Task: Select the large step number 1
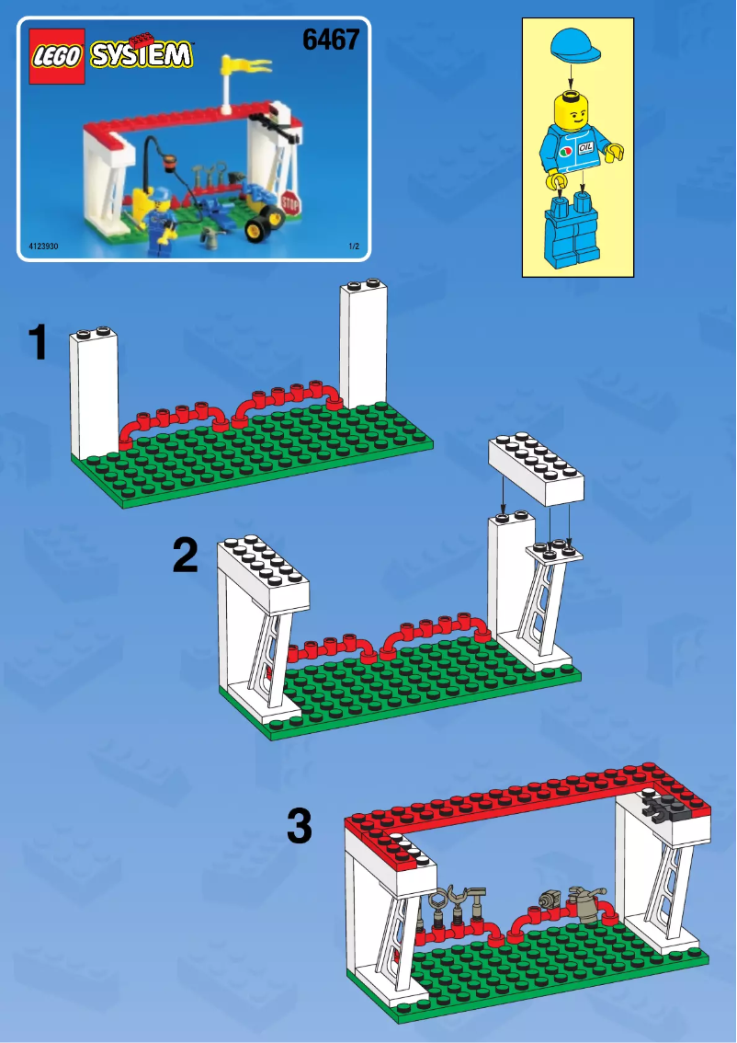[38, 343]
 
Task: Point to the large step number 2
[186, 556]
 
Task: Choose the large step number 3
[300, 825]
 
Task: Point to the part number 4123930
[44, 246]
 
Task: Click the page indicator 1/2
[353, 246]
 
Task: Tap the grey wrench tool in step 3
[454, 898]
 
